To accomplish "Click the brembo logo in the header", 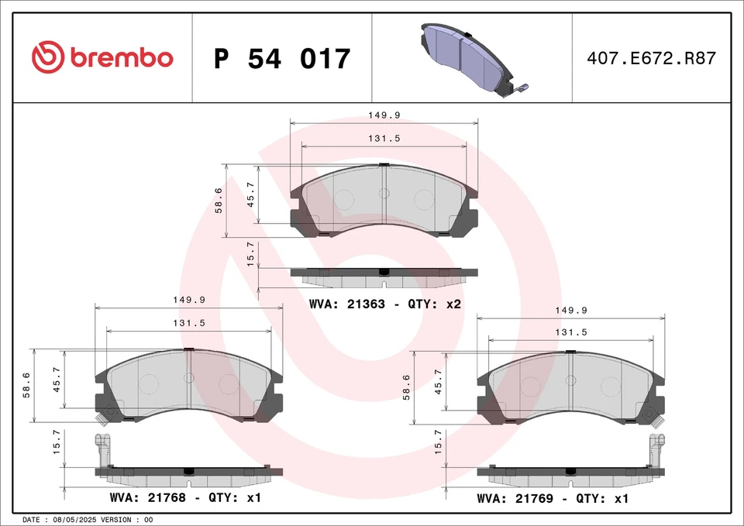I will click(x=102, y=57).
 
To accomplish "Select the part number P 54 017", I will click(x=282, y=59).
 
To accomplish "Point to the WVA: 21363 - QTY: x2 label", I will click(x=384, y=304).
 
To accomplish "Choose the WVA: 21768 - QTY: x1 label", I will click(x=184, y=497).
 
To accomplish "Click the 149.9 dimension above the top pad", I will click(x=384, y=115).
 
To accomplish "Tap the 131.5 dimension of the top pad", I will click(x=384, y=139).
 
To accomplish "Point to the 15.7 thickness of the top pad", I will click(x=250, y=254).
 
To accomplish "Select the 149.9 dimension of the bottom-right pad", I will click(x=570, y=310).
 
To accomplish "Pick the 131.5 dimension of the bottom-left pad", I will click(x=188, y=323).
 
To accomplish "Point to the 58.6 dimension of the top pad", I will click(x=219, y=201).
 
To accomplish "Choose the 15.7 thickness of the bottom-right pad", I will click(x=439, y=442).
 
